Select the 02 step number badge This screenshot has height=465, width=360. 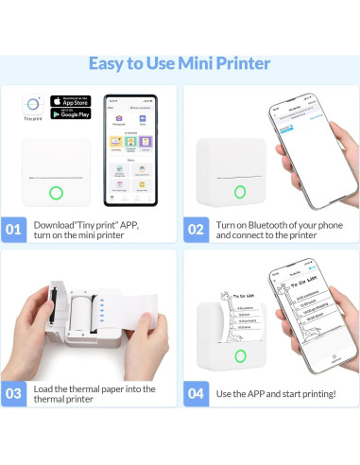coord(196,229)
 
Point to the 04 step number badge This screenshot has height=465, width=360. coord(196,392)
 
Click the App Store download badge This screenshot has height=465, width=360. coord(72,99)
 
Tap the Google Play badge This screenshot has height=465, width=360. coord(72,115)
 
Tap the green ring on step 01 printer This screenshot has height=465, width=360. coord(56,193)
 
